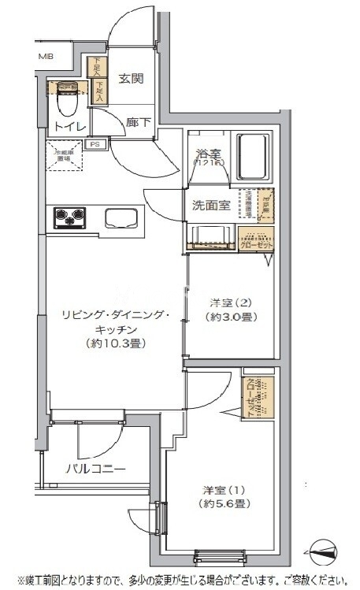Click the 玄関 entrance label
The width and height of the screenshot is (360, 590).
tap(131, 78)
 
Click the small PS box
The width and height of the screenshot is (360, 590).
tap(95, 144)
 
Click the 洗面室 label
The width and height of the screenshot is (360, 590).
tap(211, 206)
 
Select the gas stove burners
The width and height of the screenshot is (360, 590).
tap(70, 217)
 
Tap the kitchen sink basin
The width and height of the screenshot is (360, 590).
tap(121, 218)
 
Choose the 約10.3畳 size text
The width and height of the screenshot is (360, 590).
tap(115, 343)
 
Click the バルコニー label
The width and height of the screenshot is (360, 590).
tap(95, 469)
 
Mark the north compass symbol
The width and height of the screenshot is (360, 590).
tap(325, 551)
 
